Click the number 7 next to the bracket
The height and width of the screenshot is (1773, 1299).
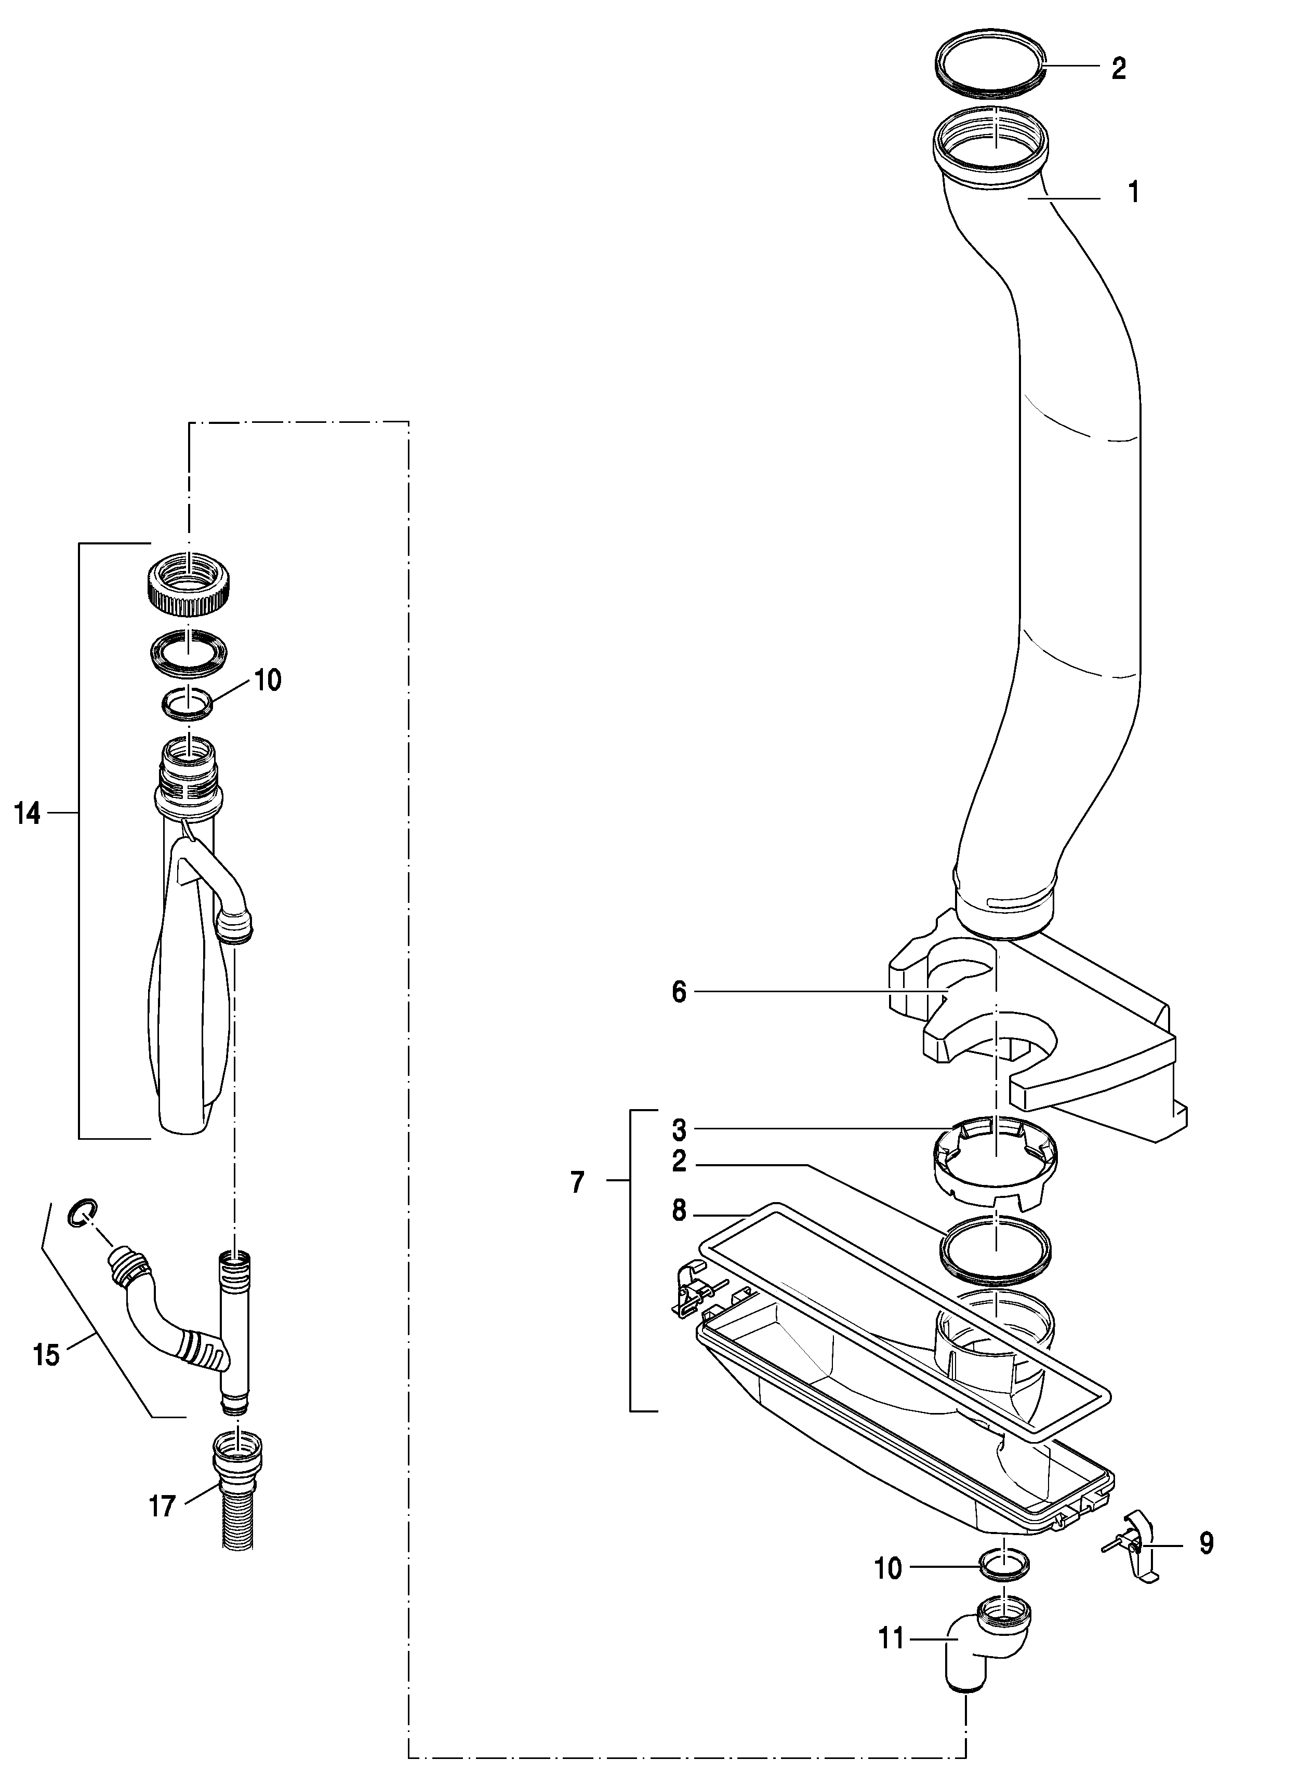[578, 1182]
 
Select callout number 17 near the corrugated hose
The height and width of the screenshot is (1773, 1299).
[162, 1507]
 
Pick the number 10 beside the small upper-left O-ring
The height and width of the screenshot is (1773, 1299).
[268, 680]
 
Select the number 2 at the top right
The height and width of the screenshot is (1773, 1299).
[1118, 69]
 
